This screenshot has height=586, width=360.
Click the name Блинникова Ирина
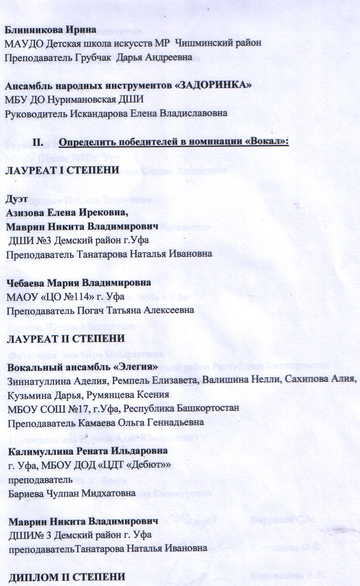(x=50, y=29)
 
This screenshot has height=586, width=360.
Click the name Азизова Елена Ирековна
(x=67, y=213)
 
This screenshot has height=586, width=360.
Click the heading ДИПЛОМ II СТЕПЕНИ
(x=67, y=577)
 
